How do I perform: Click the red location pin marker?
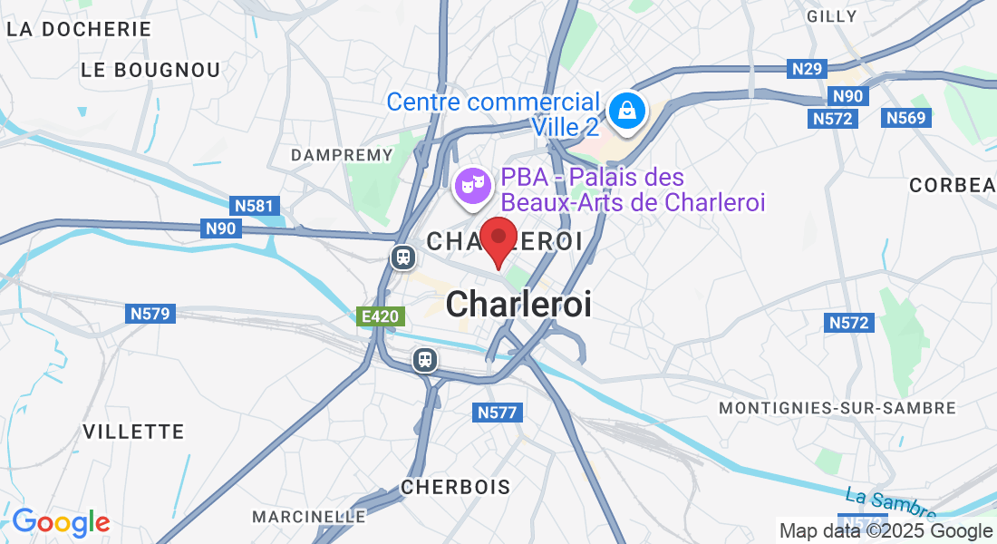pos(498,238)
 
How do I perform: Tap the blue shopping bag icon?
pos(626,112)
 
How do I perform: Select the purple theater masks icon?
pos(471,186)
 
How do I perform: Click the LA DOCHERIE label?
pos(79,29)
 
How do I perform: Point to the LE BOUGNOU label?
pos(150,70)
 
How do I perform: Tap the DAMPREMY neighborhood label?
pos(342,155)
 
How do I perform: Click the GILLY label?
pos(831,16)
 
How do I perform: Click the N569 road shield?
pos(905,118)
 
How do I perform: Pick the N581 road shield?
pos(254,206)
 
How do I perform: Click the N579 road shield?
pos(150,314)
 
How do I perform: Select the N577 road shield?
pos(498,413)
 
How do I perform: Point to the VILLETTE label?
pos(133,432)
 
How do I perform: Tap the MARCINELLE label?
pos(309,517)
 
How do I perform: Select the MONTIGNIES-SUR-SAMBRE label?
pos(837,408)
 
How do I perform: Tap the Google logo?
pos(61,522)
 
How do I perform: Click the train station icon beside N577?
pos(424,360)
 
